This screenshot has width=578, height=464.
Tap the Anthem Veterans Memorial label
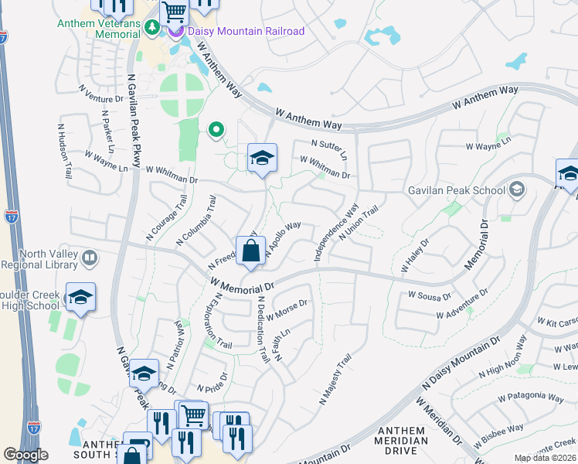pos(99,28)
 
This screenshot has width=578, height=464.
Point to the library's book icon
pos(90,258)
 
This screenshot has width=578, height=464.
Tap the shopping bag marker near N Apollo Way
pos(251,251)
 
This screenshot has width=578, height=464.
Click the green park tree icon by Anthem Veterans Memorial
pos(153,26)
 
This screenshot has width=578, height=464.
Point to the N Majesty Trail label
pos(335,380)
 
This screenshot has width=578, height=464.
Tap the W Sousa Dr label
pos(430,295)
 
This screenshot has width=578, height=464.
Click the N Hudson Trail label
pos(63,145)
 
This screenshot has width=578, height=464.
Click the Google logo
pos(25,455)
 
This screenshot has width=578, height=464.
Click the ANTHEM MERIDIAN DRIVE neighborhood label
pos(401,441)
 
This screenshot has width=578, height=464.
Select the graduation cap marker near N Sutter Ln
pos(262,159)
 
